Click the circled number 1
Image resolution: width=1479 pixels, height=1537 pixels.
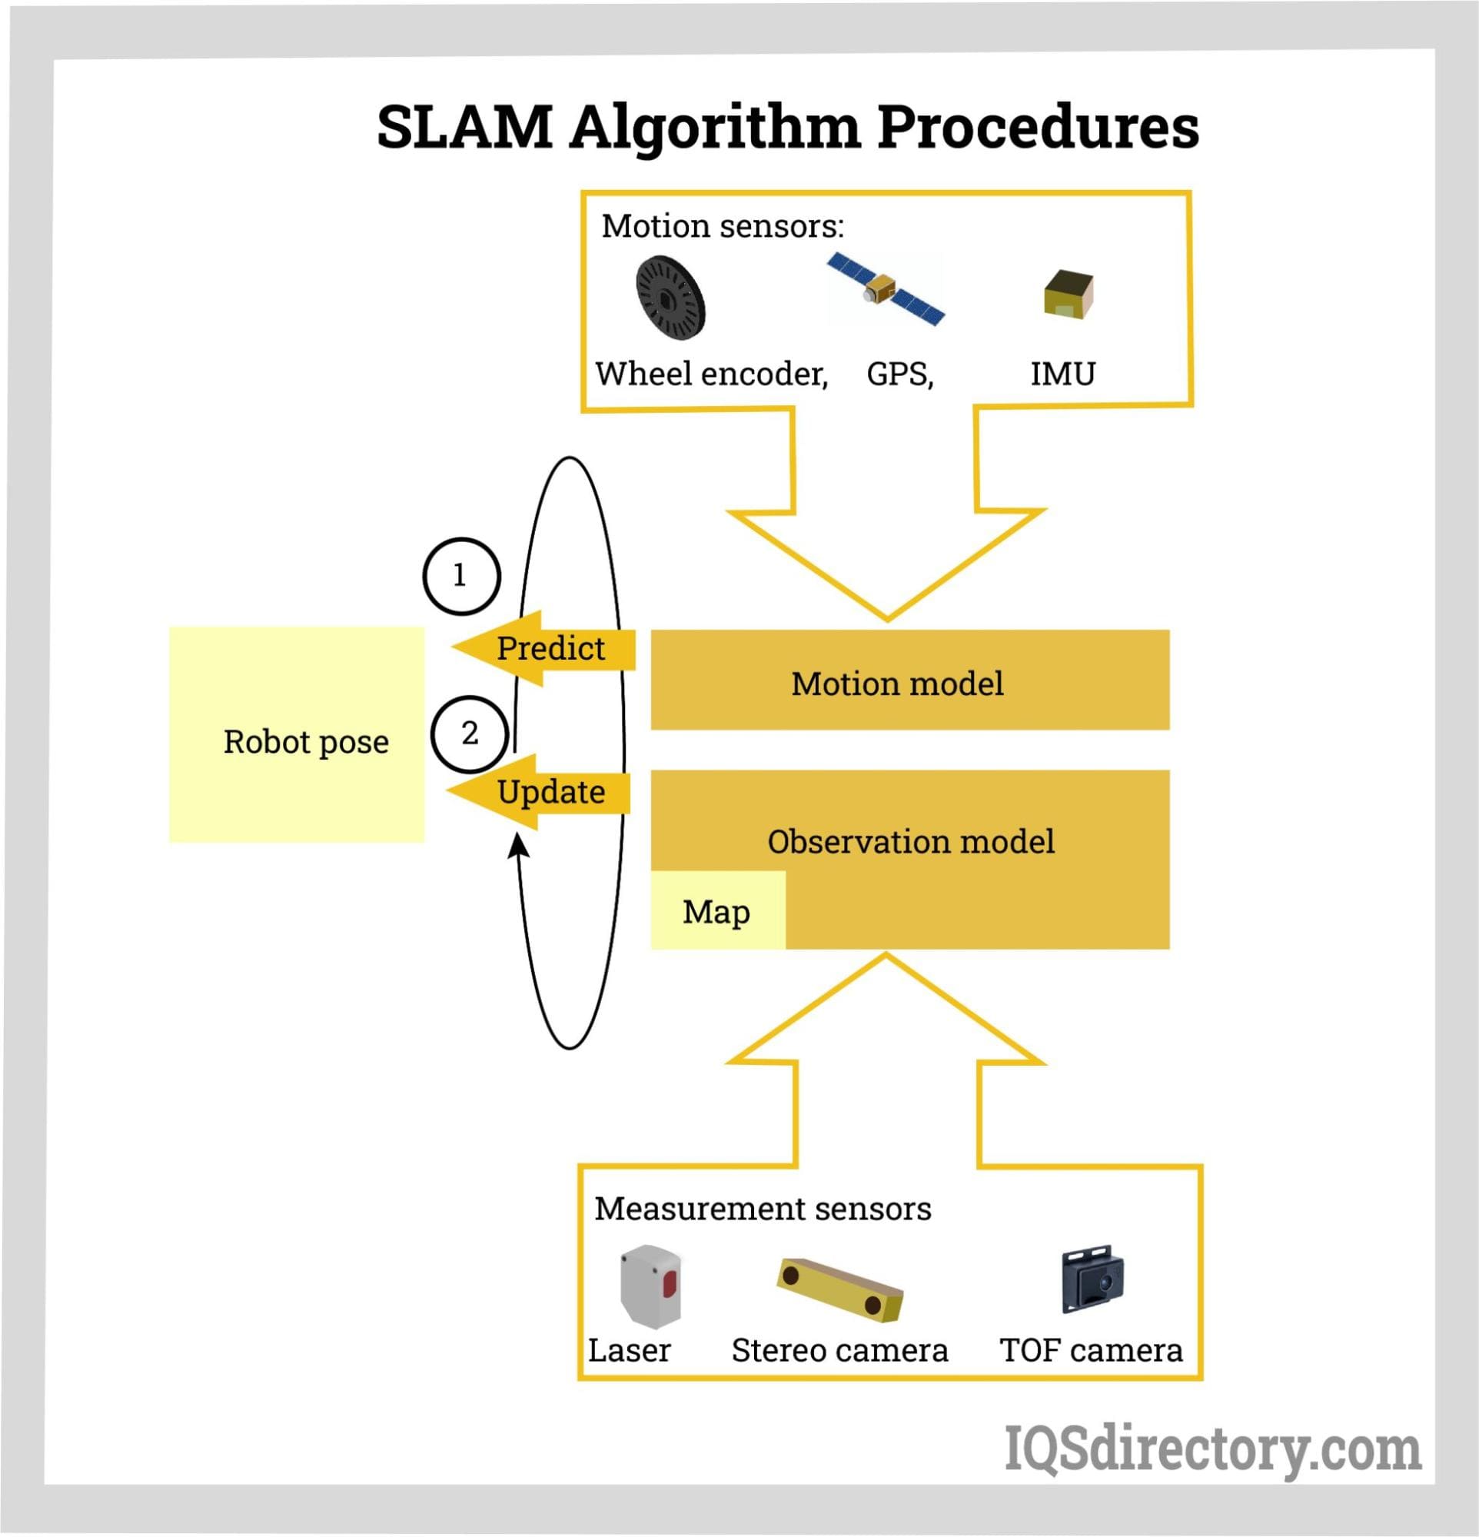[x=461, y=577]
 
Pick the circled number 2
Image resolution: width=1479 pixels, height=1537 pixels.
[x=469, y=734]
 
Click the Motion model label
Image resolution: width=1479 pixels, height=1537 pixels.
[x=897, y=684]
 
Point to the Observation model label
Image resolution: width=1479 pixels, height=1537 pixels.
[x=910, y=841]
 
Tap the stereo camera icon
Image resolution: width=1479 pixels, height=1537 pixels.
[x=840, y=1286]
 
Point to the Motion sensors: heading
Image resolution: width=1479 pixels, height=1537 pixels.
[x=723, y=226]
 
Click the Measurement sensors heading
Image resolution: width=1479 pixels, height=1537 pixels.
[x=763, y=1209]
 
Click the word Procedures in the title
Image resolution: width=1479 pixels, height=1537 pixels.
[x=1038, y=127]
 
